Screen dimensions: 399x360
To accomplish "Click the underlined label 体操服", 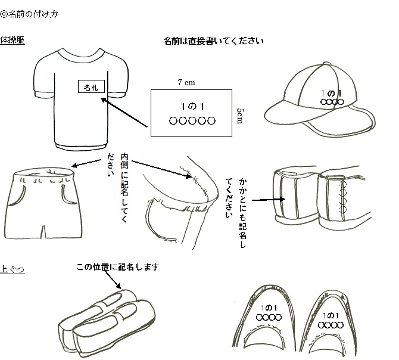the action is pyautogui.click(x=13, y=40).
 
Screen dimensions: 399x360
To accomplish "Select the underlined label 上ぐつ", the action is pyautogui.click(x=13, y=269).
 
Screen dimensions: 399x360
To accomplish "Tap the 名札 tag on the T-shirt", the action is pyautogui.click(x=91, y=87).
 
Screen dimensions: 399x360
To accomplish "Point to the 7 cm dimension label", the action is pyautogui.click(x=186, y=82).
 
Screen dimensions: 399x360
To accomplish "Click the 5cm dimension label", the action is pyautogui.click(x=240, y=116).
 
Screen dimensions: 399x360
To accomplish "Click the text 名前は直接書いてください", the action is pyautogui.click(x=213, y=41).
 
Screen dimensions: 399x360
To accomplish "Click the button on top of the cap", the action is pyautogui.click(x=327, y=63).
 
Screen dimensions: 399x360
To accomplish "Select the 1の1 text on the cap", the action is pyautogui.click(x=331, y=94).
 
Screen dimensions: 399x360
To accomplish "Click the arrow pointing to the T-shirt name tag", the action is pyautogui.click(x=124, y=112).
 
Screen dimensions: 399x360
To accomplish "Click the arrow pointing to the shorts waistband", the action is pyautogui.click(x=86, y=163).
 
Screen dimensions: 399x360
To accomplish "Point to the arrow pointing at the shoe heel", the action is pyautogui.click(x=269, y=200).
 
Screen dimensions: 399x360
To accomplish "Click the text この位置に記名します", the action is pyautogui.click(x=118, y=267).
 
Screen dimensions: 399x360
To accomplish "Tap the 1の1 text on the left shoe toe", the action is pyautogui.click(x=269, y=308).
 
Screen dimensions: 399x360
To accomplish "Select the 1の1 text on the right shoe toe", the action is pyautogui.click(x=331, y=316).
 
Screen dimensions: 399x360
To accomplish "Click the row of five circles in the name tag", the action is pyautogui.click(x=192, y=120).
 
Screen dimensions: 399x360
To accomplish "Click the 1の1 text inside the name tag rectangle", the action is pyautogui.click(x=192, y=107).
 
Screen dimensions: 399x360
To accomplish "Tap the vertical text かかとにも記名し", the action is pyautogui.click(x=242, y=213).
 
